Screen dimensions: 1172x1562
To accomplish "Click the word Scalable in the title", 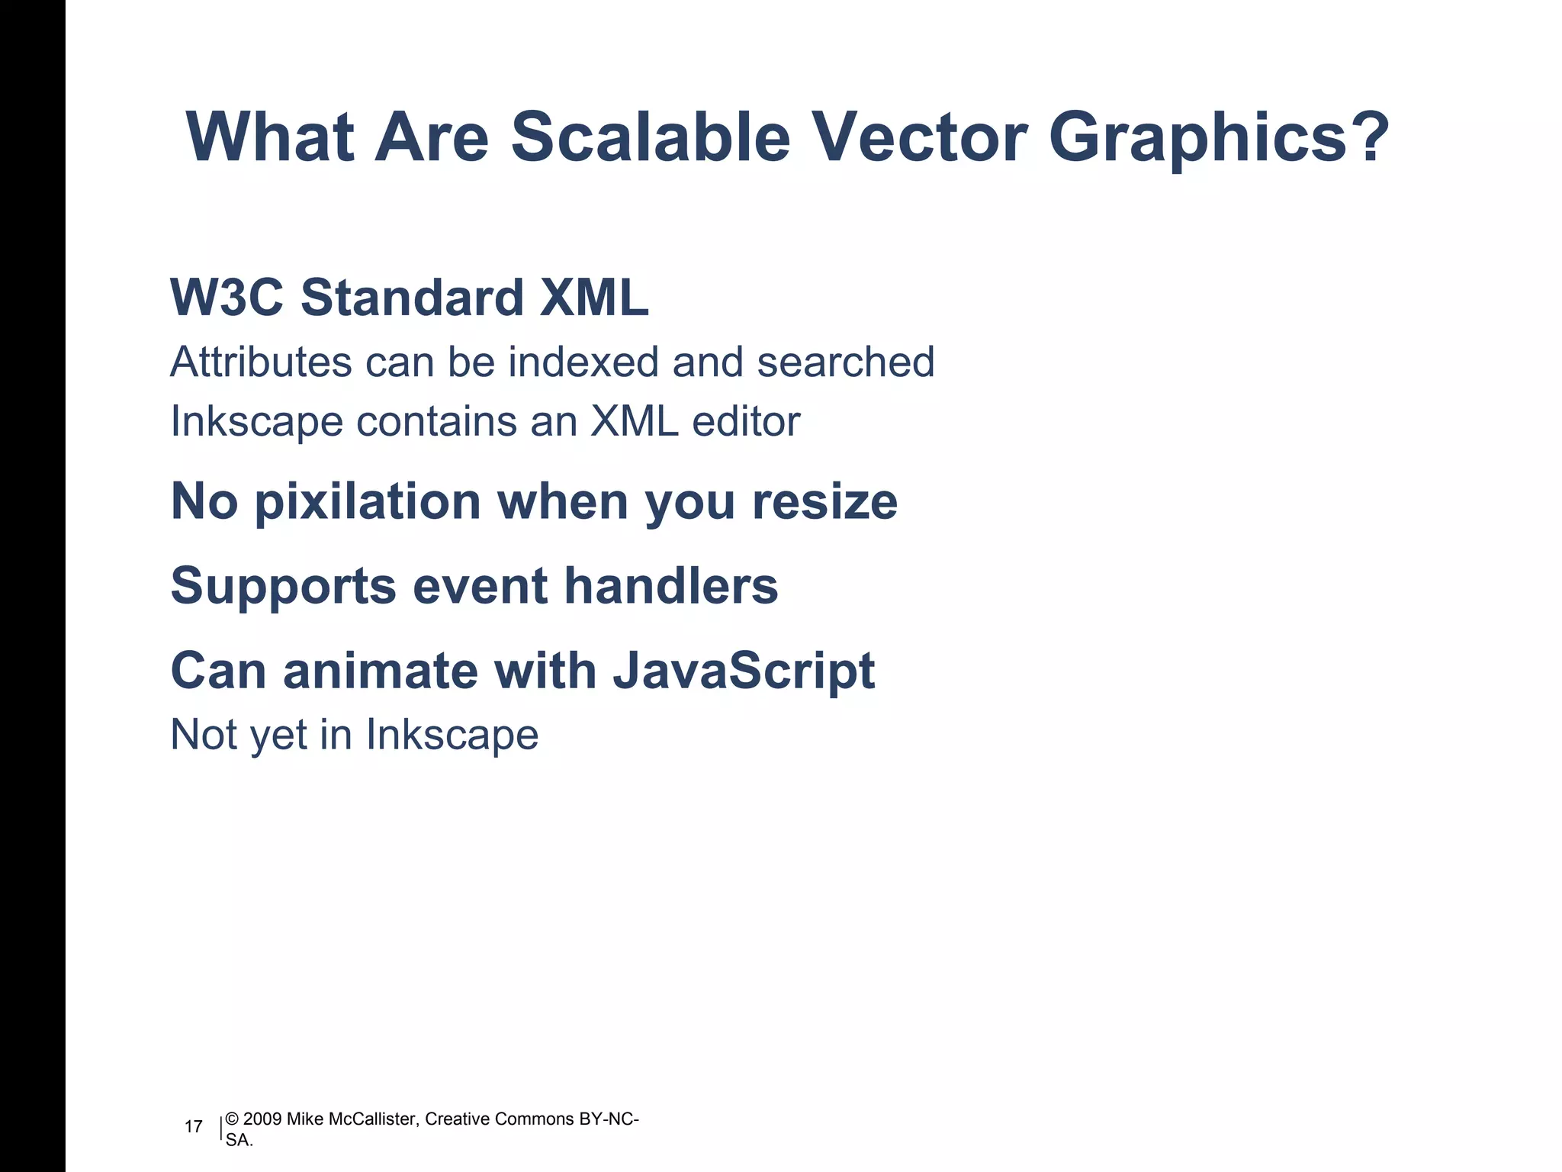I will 650,137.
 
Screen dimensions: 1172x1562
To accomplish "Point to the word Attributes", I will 260,362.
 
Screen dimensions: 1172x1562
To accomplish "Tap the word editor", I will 745,421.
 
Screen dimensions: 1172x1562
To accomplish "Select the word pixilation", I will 367,502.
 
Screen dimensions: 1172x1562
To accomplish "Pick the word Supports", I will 283,586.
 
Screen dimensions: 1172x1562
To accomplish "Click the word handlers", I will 670,586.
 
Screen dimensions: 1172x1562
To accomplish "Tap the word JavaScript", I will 744,671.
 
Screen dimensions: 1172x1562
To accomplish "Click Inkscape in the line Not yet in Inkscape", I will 452,735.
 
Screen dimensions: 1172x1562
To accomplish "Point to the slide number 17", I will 194,1127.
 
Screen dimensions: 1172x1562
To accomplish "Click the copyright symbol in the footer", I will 232,1119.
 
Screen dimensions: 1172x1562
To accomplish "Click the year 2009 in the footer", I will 262,1119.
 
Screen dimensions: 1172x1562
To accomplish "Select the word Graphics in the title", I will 1197,137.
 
